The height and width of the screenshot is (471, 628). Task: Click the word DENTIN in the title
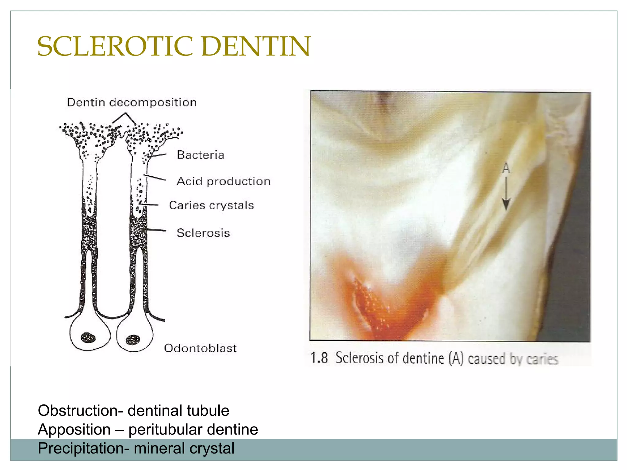(x=256, y=47)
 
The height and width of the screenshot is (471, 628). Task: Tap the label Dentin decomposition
(x=132, y=102)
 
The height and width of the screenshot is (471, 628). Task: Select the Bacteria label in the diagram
(x=201, y=155)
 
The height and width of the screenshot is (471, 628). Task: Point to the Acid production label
(x=224, y=181)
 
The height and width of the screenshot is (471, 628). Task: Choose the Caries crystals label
(x=211, y=205)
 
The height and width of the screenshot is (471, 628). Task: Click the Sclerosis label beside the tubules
(x=203, y=233)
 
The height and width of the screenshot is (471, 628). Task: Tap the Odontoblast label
(x=200, y=348)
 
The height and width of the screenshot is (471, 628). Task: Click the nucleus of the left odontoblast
(x=88, y=338)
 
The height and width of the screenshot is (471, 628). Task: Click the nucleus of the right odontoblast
(x=133, y=339)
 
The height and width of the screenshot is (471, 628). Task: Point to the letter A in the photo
(x=506, y=168)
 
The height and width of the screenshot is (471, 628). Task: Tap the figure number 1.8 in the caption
(x=319, y=358)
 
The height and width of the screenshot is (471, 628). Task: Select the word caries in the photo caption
(x=542, y=359)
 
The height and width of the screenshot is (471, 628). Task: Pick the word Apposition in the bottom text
(x=74, y=429)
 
